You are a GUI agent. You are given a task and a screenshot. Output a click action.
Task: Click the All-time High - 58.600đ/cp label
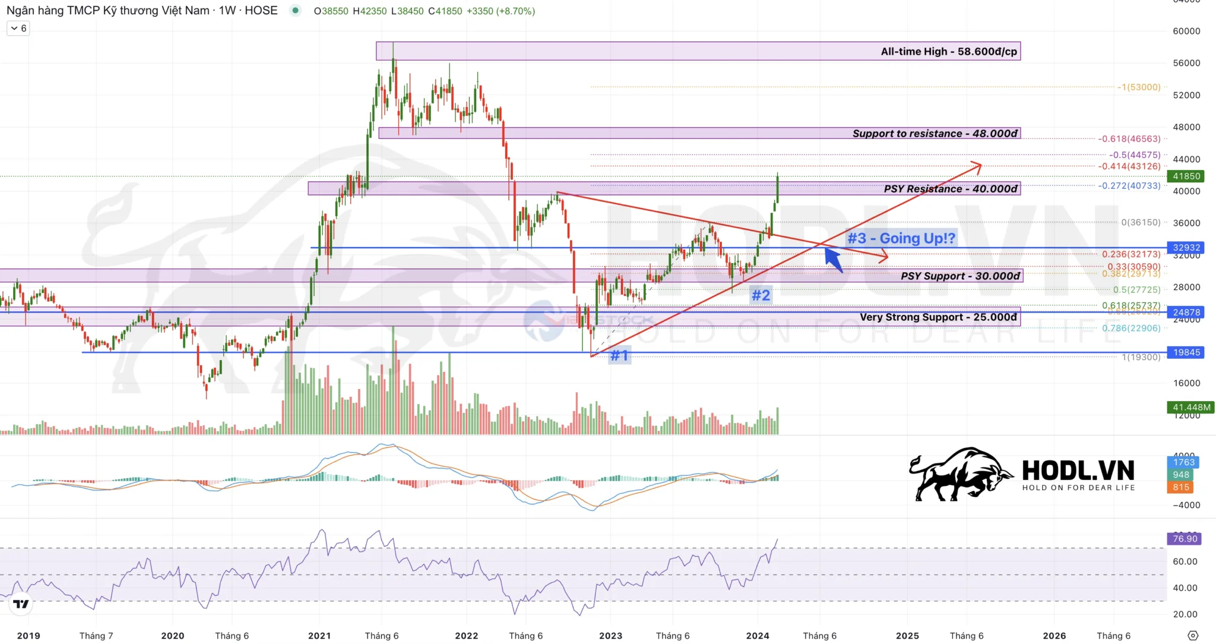tap(948, 52)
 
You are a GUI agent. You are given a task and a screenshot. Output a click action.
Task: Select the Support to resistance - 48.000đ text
tap(935, 134)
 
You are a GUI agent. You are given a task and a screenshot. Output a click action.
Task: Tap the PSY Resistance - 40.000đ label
tap(950, 189)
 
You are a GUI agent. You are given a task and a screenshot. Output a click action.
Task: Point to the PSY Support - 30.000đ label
tap(959, 276)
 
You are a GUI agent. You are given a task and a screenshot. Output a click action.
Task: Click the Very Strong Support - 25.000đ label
tap(938, 317)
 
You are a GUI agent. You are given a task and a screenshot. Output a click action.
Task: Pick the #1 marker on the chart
tap(619, 355)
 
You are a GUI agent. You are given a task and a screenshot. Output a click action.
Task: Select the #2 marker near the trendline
tap(761, 295)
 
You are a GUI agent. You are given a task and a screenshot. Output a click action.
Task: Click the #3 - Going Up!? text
tap(901, 238)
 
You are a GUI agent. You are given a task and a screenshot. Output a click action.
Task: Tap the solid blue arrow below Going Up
tap(834, 260)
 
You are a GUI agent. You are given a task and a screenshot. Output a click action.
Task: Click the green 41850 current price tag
tap(1186, 176)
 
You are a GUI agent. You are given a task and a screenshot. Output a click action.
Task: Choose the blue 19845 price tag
tap(1186, 352)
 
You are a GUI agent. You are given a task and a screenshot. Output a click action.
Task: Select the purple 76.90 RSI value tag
tap(1185, 539)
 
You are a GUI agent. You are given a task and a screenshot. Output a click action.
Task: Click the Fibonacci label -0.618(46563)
tap(1129, 139)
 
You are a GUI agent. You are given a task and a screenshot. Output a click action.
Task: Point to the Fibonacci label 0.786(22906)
tap(1130, 328)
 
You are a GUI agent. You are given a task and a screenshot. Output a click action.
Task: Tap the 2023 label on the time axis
tap(610, 636)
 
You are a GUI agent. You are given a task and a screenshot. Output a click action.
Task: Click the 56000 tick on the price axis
tap(1186, 63)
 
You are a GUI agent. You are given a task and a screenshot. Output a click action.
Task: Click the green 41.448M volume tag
tap(1191, 407)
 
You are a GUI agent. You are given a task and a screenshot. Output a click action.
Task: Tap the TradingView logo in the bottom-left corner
tap(21, 604)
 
